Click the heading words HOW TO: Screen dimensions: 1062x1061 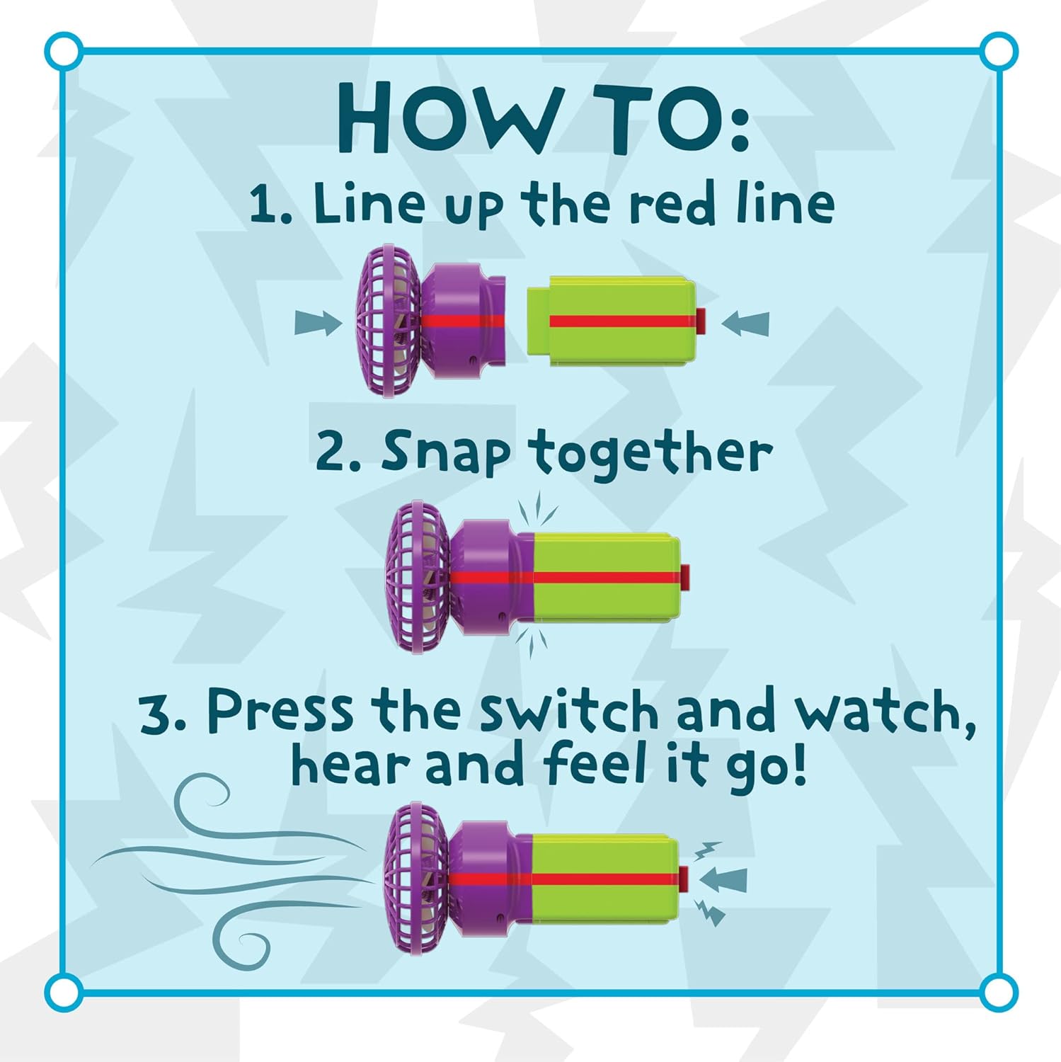click(542, 119)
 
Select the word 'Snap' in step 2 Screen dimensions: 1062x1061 click(445, 452)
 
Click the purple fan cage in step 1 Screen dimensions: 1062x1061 click(388, 321)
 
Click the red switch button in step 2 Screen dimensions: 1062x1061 click(684, 574)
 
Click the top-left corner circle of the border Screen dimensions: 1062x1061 click(64, 51)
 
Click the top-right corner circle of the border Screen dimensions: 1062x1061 click(998, 51)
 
